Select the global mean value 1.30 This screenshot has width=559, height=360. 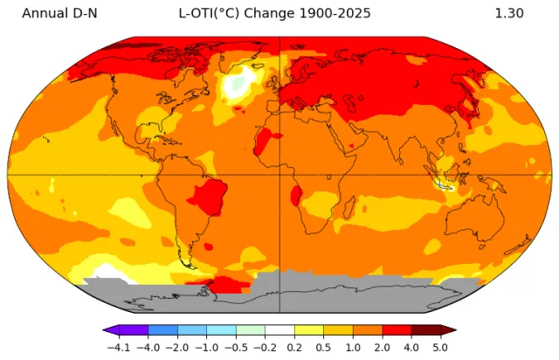coord(508,13)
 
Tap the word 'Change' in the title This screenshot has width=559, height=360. coord(259,13)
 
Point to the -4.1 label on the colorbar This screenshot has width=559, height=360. coord(117,347)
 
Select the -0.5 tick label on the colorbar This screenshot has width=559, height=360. coord(235,347)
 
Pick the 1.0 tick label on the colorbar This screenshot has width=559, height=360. coord(353,347)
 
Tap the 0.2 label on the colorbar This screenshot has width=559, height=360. coord(294,347)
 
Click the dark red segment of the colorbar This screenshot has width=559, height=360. coord(428,330)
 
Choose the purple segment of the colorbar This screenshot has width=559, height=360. coord(131,330)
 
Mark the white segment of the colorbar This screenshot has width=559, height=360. coord(279,330)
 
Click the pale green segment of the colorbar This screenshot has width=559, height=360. coord(250,330)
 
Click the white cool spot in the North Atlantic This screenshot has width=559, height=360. coord(237,85)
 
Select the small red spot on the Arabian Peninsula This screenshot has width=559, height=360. coord(352,145)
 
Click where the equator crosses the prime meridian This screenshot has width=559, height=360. coord(279,174)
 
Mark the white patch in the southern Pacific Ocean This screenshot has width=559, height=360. coord(107,272)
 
